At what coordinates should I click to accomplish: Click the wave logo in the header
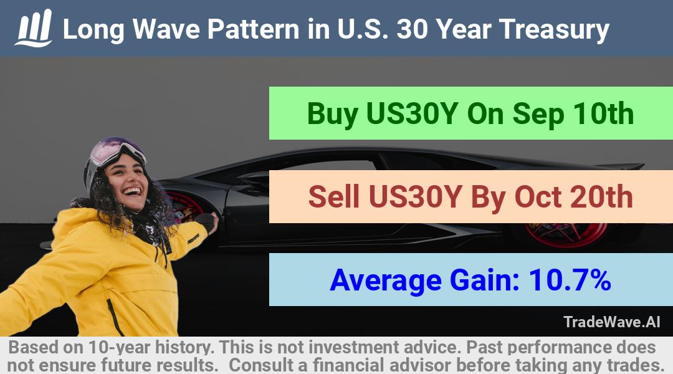[34, 28]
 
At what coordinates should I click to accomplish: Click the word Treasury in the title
[554, 30]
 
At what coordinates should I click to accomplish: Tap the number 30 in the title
[412, 29]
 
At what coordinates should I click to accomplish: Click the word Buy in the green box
[333, 115]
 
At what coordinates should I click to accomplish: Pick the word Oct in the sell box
[538, 197]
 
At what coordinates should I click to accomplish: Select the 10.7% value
[570, 280]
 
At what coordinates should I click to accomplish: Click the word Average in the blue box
[386, 281]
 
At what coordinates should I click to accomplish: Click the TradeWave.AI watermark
[612, 322]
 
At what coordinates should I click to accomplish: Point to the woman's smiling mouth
[132, 191]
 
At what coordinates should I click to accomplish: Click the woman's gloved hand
[206, 222]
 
